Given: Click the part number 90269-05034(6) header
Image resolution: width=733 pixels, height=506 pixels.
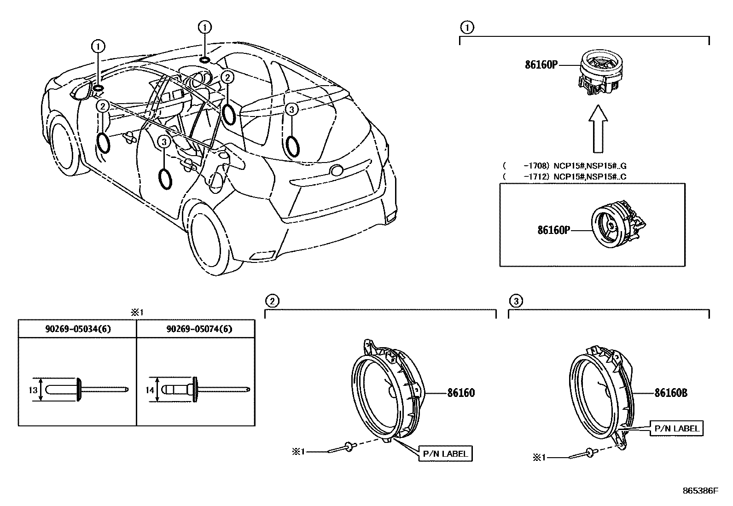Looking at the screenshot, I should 77,329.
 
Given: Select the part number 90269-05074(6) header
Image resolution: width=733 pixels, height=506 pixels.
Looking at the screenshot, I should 196,329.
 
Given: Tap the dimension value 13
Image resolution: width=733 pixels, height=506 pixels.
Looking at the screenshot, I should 33,390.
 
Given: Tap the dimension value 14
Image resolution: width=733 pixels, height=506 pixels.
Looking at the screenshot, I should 150,390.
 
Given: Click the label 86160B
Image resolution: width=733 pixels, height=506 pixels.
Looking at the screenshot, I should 671,393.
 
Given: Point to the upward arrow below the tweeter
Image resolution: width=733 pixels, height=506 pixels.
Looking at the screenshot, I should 598,129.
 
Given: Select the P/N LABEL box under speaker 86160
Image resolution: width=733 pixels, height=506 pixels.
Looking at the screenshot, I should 445,454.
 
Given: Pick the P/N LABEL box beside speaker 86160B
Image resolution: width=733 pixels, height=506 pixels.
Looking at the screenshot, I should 676,429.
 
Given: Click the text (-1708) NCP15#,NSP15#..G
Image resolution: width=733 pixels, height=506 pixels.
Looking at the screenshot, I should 564,165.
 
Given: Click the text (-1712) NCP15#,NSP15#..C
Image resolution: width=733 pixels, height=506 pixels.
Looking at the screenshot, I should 564,176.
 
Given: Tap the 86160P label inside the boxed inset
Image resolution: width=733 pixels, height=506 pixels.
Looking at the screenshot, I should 554,230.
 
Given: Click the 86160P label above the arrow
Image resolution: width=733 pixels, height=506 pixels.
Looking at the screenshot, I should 541,65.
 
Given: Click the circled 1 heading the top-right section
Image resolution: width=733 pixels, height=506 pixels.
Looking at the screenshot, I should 467,28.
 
